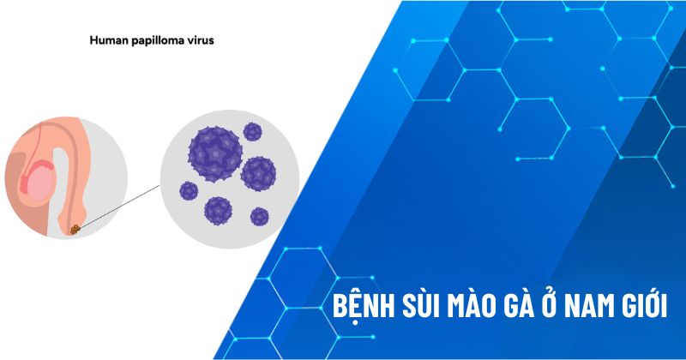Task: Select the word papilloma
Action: pyautogui.click(x=159, y=39)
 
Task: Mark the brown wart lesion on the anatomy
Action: pyautogui.click(x=76, y=229)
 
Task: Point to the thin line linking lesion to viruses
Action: pyautogui.click(x=120, y=206)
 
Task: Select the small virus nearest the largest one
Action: pyautogui.click(x=252, y=132)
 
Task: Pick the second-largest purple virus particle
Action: pyautogui.click(x=258, y=173)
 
